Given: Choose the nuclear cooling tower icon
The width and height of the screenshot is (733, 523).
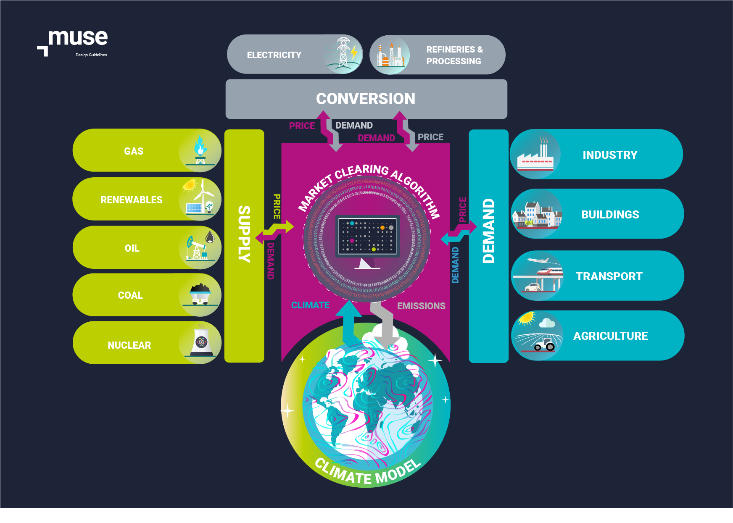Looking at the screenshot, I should tap(201, 342).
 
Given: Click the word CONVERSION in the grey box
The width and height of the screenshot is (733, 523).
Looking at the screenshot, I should tap(366, 99).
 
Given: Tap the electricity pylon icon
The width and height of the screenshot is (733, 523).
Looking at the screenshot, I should tap(344, 54).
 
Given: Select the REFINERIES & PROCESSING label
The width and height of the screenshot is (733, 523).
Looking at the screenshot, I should tap(454, 55).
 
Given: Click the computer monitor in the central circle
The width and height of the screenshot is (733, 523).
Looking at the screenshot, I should tap(367, 238).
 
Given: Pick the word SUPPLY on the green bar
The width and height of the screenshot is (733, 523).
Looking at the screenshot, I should tap(244, 234).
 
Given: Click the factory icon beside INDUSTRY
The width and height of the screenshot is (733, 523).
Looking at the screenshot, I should tap(535, 156).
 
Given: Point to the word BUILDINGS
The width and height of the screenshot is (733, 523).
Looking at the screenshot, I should tap(610, 215).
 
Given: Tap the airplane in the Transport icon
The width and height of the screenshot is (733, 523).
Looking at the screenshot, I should tap(539, 261).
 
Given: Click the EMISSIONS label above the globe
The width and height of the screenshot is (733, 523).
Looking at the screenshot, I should tap(421, 306).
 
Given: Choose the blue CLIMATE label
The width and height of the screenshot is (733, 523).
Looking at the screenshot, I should tap(310, 305).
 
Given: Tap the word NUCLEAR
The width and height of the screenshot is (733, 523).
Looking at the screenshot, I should tap(129, 345).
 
